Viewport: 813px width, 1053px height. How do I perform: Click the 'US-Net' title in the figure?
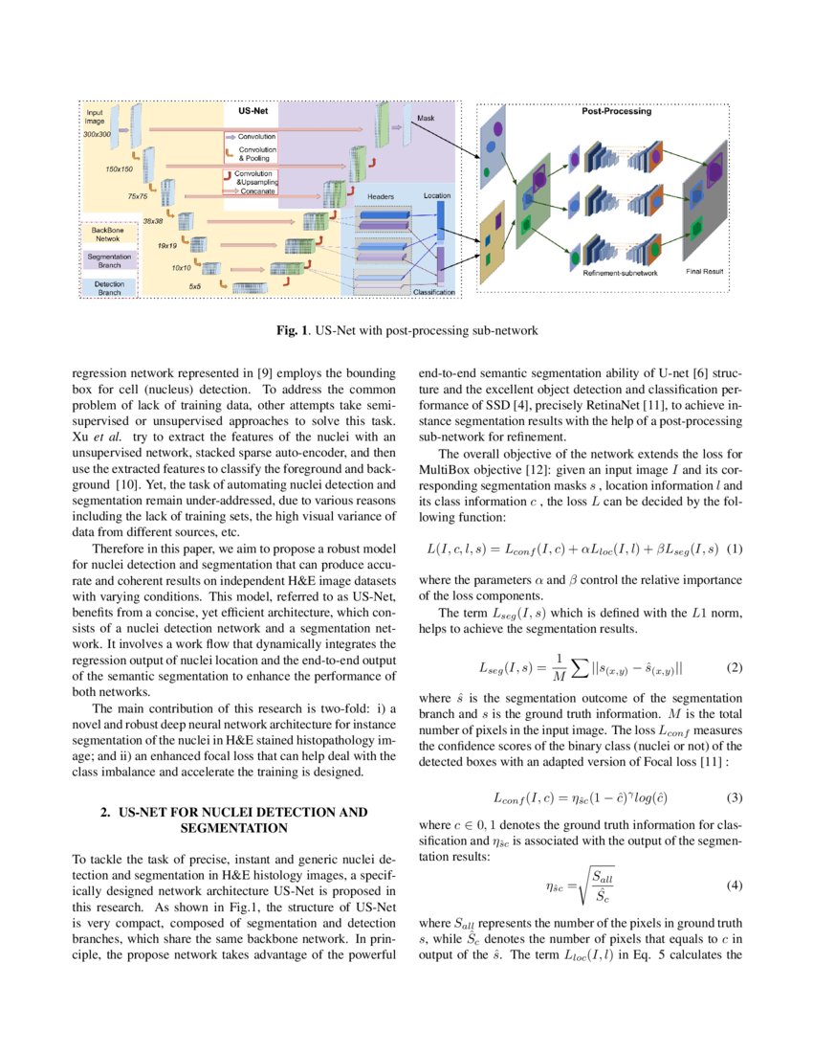point(253,111)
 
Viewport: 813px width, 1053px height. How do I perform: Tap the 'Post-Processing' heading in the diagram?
point(616,111)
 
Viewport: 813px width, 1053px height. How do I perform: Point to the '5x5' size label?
point(194,285)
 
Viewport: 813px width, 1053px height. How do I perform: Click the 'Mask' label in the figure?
point(425,118)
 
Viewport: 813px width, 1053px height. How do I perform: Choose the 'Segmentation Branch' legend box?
point(110,260)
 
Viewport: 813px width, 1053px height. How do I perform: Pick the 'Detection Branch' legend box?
point(110,287)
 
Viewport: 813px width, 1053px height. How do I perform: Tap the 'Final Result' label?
point(704,272)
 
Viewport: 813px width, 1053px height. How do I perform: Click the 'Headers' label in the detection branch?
point(381,196)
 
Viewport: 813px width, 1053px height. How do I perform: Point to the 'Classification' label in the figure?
point(433,291)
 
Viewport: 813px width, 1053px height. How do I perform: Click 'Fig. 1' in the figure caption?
point(293,331)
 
